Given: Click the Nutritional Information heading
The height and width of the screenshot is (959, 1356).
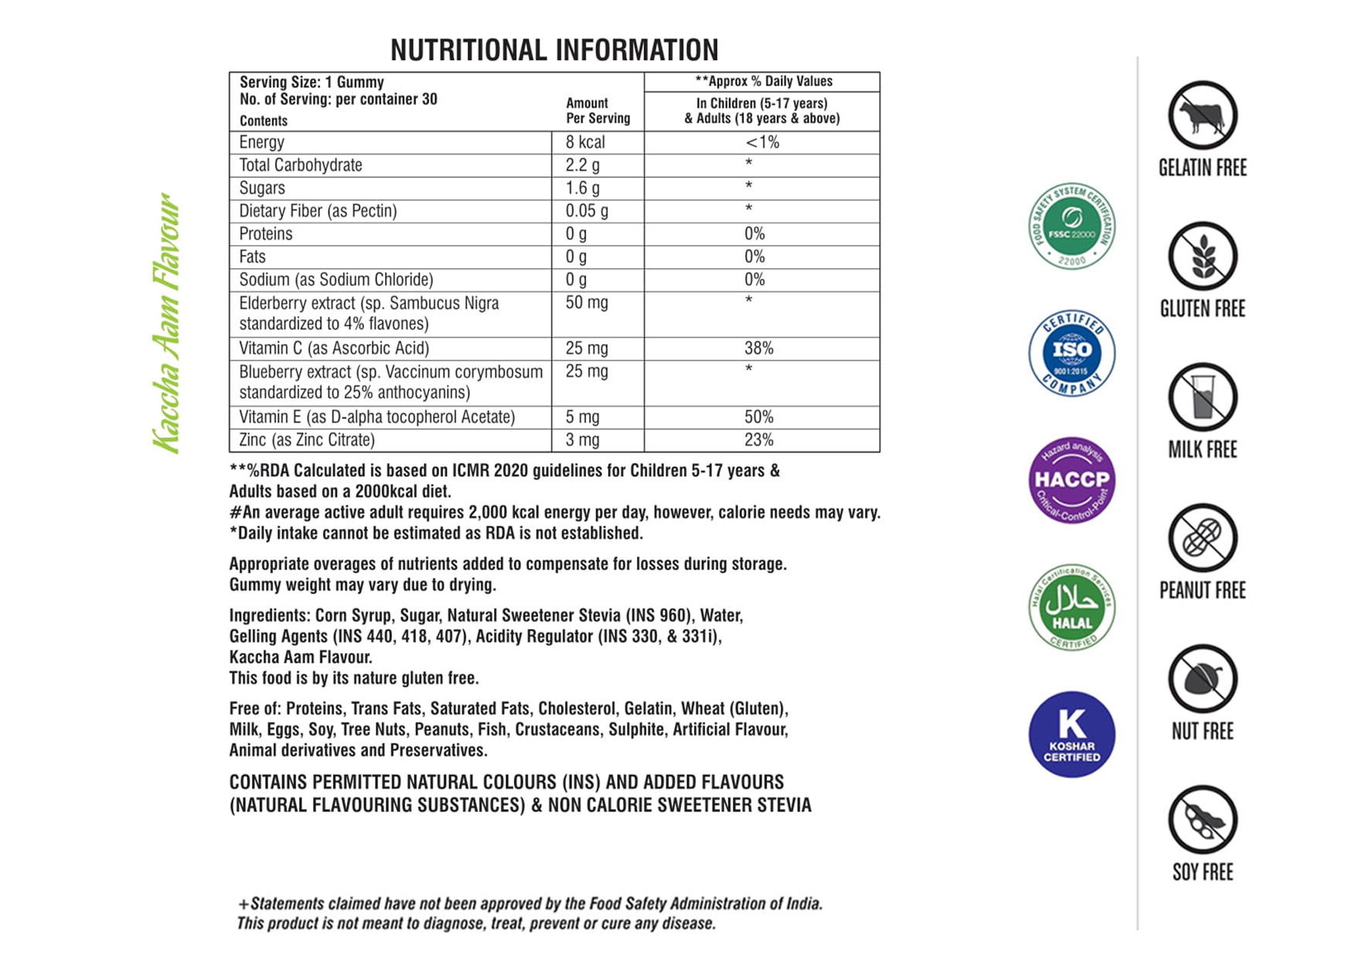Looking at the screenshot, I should click(554, 50).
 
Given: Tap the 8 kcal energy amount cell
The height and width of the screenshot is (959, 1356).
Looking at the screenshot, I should click(584, 142).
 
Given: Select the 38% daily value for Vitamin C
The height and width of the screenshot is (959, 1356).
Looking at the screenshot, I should click(758, 349).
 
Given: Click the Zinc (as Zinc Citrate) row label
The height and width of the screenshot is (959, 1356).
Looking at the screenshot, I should click(307, 440).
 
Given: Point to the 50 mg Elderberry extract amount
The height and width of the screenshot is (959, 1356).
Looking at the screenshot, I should click(586, 303).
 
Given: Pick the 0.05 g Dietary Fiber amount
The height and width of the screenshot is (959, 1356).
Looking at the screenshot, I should click(586, 211).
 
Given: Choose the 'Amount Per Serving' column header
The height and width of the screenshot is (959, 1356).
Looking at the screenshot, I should click(598, 111).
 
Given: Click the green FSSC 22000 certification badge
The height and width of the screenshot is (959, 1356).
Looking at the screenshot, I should click(1072, 226).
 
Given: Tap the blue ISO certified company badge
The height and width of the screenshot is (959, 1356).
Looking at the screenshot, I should click(1072, 353).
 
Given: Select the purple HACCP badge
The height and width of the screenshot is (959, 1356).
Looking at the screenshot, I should click(1072, 480).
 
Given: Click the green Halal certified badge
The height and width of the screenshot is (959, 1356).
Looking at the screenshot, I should click(1072, 607).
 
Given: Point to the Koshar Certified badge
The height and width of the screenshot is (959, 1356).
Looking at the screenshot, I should click(1072, 734).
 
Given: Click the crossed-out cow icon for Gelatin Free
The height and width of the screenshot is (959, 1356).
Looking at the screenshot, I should click(1202, 116).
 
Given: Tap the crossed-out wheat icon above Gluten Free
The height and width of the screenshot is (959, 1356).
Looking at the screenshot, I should click(1202, 257).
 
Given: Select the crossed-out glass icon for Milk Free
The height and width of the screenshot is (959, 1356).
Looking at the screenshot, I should click(1202, 397).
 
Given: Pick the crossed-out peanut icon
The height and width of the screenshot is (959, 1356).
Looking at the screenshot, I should click(1202, 538).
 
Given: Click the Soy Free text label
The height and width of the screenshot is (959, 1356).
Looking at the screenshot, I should click(1202, 872).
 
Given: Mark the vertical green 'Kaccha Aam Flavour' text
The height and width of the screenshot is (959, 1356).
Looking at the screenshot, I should click(167, 323).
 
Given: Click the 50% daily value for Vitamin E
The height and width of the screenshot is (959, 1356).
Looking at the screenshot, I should click(758, 417).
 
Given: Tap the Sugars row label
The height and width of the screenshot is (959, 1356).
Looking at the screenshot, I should click(262, 189).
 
